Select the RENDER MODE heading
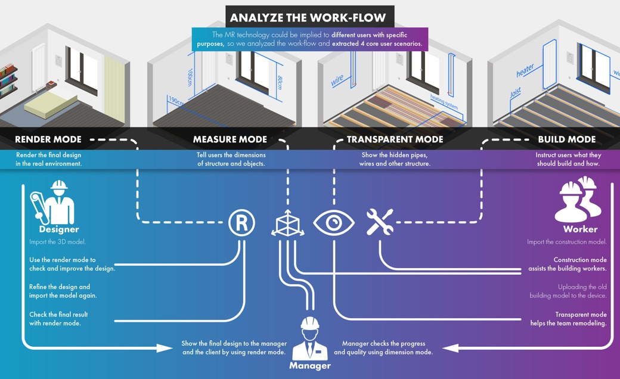click(x=48, y=140)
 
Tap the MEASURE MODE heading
click(x=230, y=140)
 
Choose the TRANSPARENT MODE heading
click(x=395, y=140)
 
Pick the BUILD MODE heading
click(x=566, y=140)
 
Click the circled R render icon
click(x=241, y=223)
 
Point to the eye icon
click(x=334, y=223)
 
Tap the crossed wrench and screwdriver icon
click(x=379, y=222)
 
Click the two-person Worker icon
click(x=576, y=200)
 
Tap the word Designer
click(x=59, y=229)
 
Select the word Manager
click(x=309, y=366)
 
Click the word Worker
click(x=579, y=229)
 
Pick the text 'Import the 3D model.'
click(x=57, y=242)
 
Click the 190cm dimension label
click(x=176, y=101)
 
